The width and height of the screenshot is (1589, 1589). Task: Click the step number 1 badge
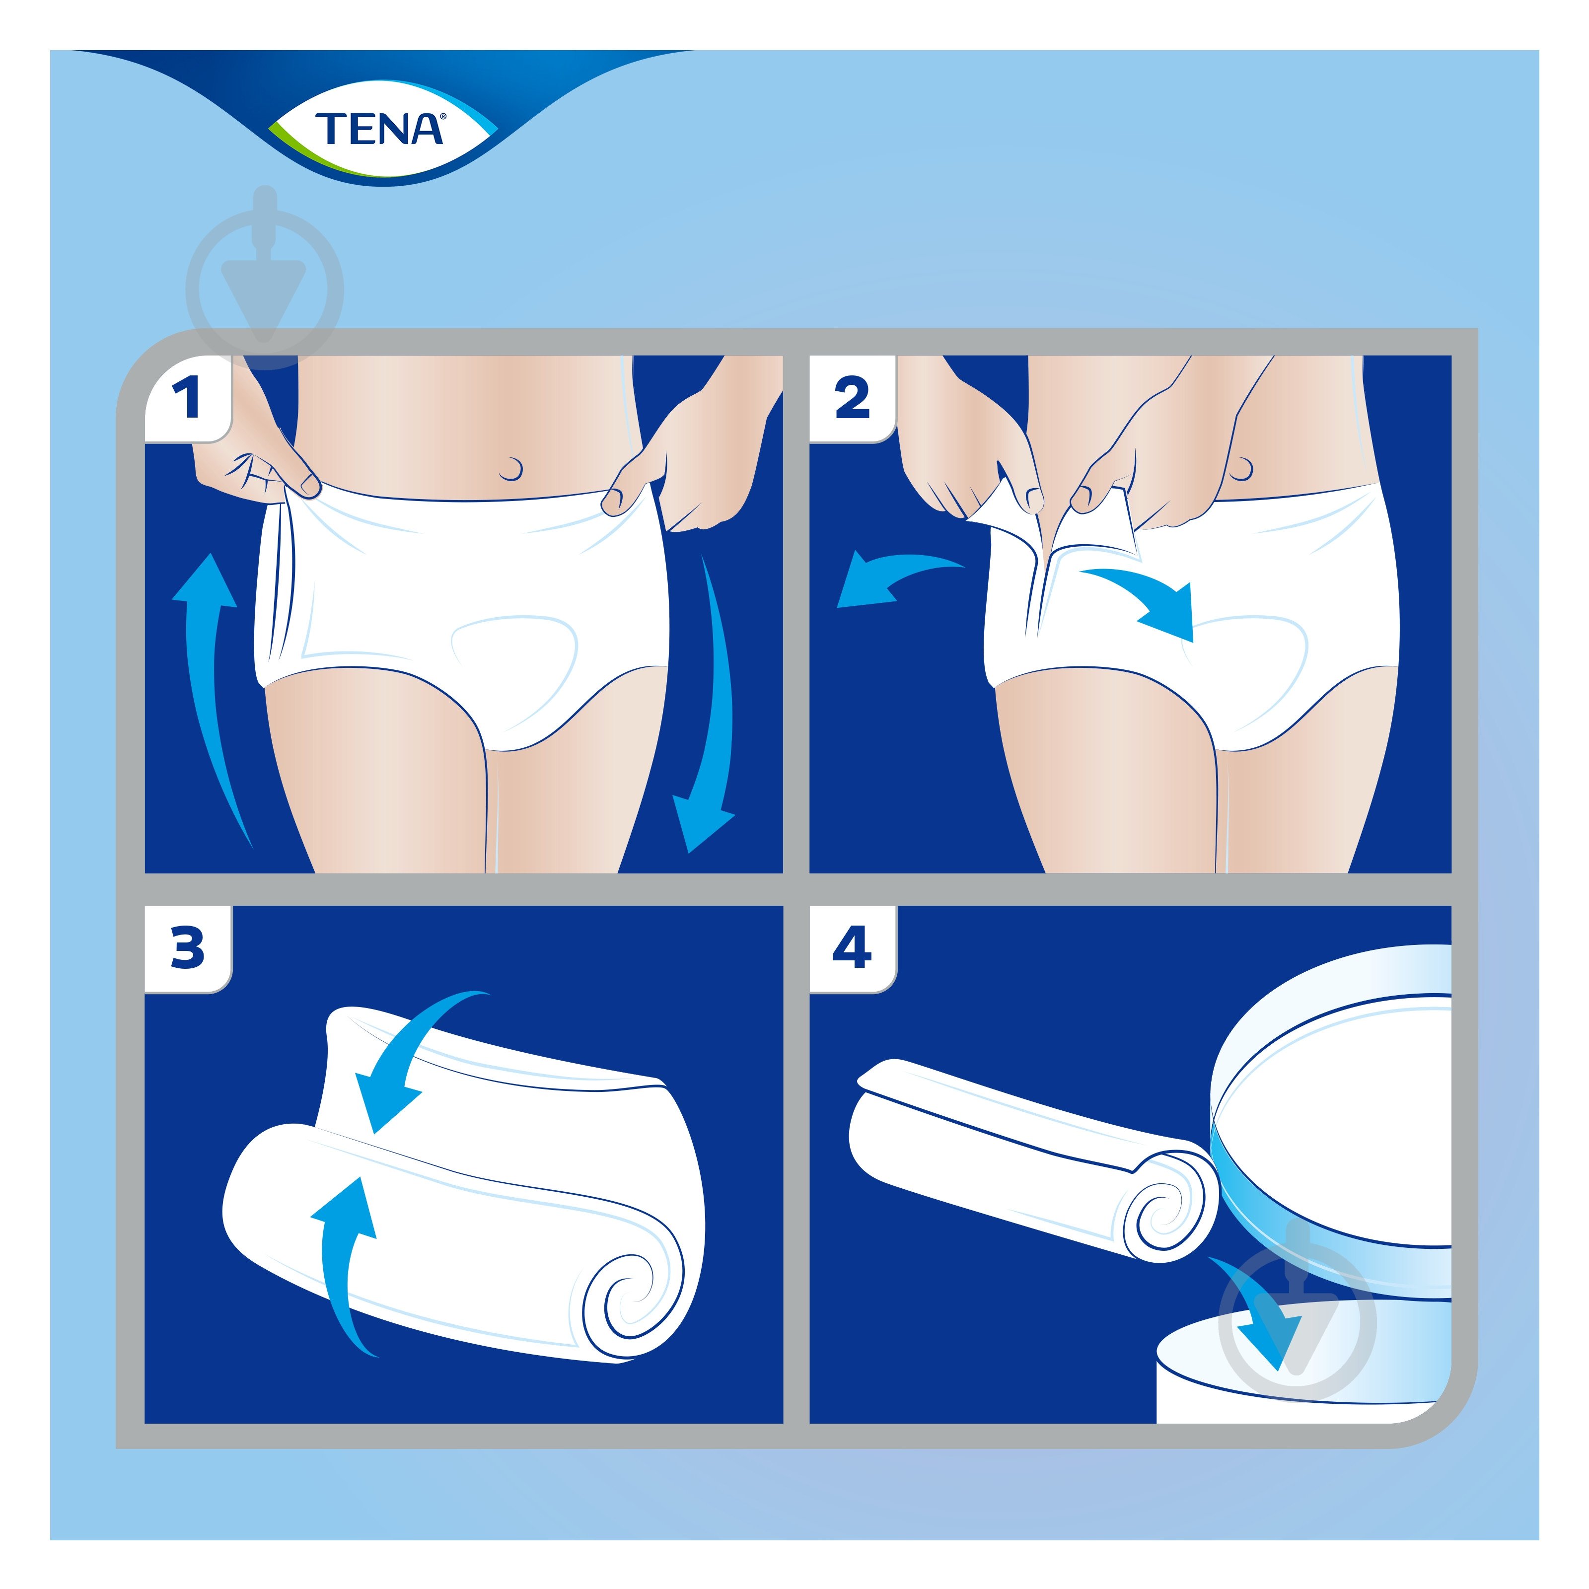click(188, 399)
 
